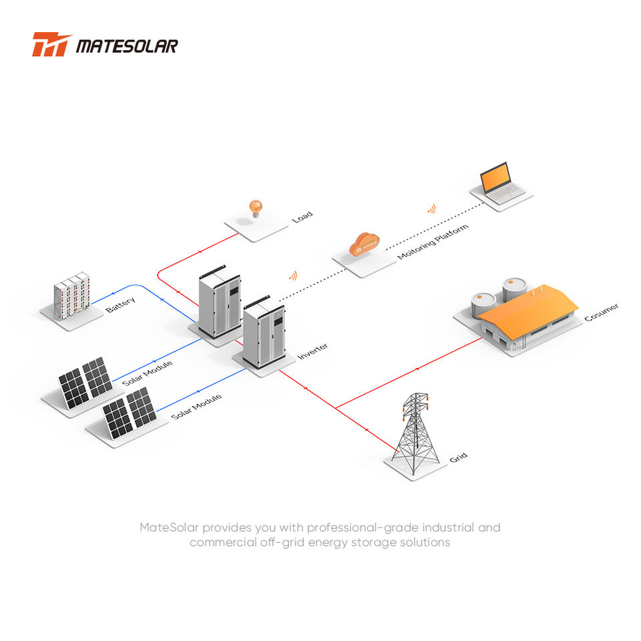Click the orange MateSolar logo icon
51,44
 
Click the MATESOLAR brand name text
127,46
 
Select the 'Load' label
302,216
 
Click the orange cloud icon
364,244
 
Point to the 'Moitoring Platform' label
433,242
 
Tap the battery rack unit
71,296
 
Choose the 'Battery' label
120,305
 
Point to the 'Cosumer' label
602,312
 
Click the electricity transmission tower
415,433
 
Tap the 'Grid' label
458,457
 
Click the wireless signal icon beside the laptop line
432,209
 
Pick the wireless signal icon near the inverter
293,276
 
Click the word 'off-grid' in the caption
292,542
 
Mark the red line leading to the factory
409,373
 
